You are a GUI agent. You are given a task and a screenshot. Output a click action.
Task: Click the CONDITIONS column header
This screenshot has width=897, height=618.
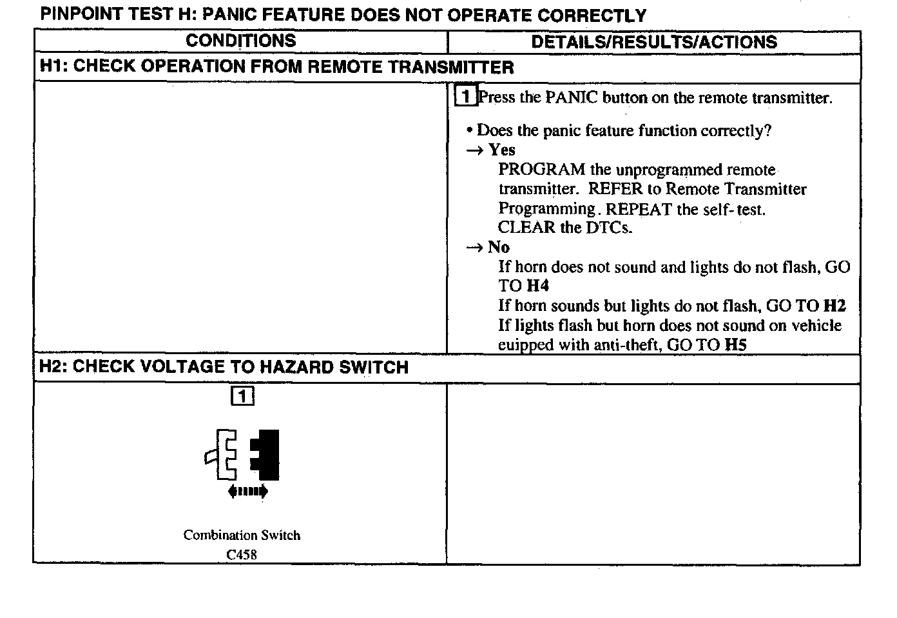point(240,41)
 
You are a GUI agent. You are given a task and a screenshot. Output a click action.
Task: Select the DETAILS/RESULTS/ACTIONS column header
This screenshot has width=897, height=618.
point(653,43)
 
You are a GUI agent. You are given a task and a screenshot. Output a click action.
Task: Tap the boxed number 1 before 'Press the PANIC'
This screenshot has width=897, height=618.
point(465,97)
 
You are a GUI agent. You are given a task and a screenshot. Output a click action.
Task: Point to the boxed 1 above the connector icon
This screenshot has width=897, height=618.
point(242,395)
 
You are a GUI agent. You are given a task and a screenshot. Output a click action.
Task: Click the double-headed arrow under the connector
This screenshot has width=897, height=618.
point(248,492)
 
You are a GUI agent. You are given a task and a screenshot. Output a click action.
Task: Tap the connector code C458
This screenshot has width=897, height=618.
point(242,554)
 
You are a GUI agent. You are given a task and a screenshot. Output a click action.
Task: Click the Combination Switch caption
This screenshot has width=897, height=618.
point(242,535)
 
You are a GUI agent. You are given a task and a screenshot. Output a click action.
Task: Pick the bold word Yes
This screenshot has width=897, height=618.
point(501,150)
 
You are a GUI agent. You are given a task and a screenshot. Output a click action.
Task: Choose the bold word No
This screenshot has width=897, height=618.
point(499,247)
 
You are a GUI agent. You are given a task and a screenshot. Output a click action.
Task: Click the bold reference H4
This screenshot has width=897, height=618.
point(537,286)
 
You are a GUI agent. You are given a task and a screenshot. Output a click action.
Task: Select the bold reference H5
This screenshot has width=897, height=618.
point(735,344)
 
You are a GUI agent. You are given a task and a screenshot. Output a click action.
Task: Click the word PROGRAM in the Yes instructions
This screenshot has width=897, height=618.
point(541,170)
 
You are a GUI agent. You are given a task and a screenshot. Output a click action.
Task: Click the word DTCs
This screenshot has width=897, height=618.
point(609,228)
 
